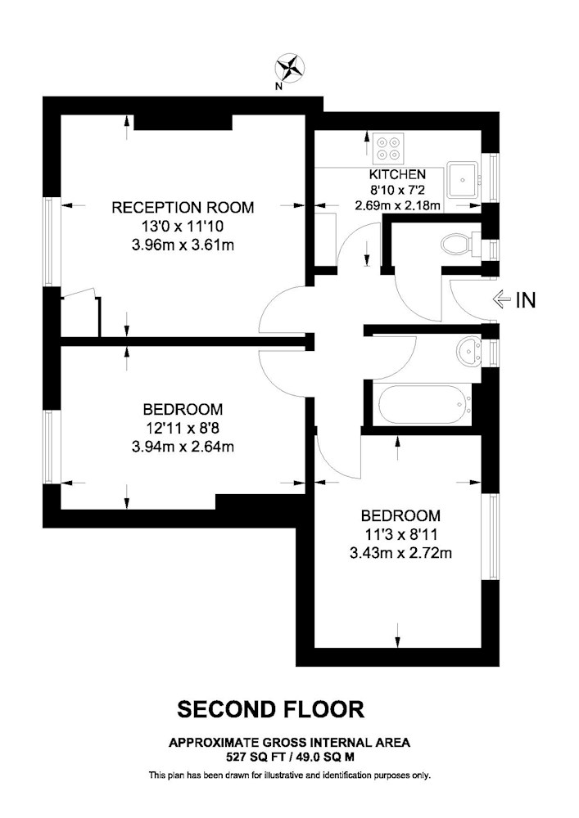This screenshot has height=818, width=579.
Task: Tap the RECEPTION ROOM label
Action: (183, 208)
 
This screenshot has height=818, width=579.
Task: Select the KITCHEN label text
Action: (397, 174)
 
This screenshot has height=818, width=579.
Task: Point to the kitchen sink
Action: (462, 179)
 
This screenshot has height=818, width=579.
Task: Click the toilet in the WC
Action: (459, 244)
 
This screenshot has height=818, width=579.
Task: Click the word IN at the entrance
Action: (525, 300)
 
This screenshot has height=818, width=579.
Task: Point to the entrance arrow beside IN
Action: (502, 299)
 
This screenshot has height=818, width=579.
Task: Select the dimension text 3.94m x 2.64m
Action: (183, 447)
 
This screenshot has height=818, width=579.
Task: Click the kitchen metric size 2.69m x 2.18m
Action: (397, 205)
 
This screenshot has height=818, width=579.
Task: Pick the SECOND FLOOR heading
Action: (270, 709)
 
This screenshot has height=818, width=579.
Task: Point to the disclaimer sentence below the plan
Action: (290, 775)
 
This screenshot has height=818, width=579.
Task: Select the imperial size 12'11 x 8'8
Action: (183, 429)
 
